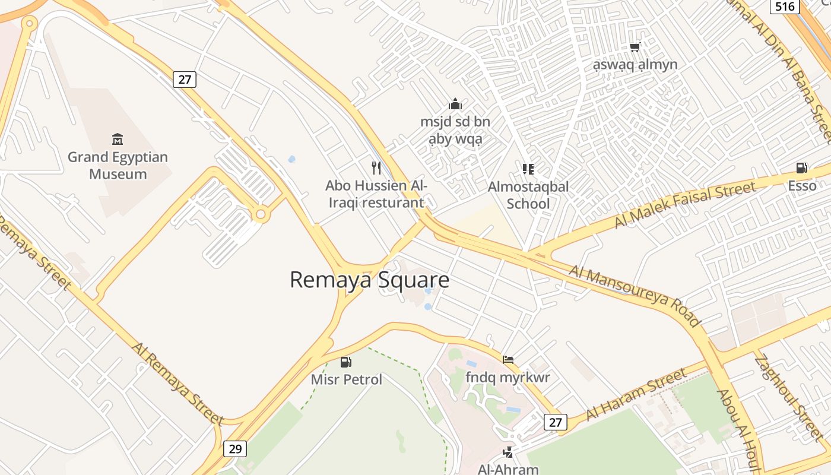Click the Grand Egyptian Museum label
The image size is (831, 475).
coord(118,166)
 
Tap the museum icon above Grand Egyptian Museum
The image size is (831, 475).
coord(118,140)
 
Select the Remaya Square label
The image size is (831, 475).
coord(369,280)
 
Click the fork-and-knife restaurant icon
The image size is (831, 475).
coord(376,168)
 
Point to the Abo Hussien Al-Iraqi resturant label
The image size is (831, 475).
coord(376,194)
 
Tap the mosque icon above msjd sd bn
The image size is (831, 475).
coord(455,104)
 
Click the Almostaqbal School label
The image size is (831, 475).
coord(528,195)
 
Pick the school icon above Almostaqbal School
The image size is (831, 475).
coord(528,169)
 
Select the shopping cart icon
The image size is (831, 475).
coord(635,47)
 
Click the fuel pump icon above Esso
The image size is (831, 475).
coord(802,168)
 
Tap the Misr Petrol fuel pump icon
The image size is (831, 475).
coord(346,362)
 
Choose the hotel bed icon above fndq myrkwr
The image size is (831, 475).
coord(508,359)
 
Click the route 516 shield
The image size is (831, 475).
coord(785,7)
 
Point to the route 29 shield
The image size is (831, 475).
coord(235,449)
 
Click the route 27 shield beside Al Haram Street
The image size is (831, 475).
coord(555,422)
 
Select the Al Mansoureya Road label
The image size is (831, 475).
coord(635,296)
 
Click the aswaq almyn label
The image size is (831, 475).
coord(635,65)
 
